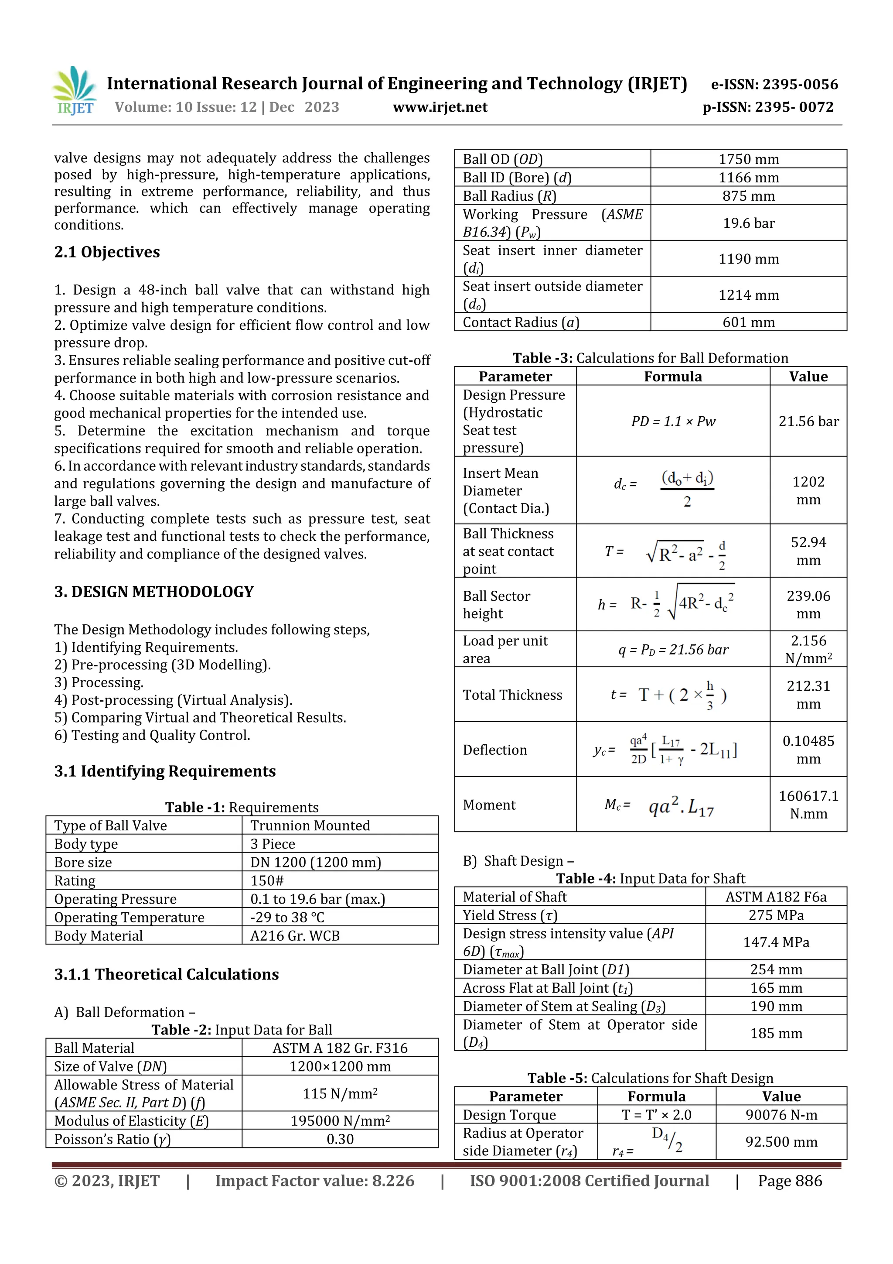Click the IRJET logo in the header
(x=75, y=91)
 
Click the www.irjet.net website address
(x=440, y=107)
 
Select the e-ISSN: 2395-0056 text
(x=774, y=84)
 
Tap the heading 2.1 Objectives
(x=107, y=252)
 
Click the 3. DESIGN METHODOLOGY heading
(x=154, y=592)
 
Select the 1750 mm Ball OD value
(x=748, y=159)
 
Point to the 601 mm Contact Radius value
(x=748, y=322)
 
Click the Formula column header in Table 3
(x=672, y=377)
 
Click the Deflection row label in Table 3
(x=494, y=750)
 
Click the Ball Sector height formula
(x=666, y=603)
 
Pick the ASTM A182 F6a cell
(x=776, y=897)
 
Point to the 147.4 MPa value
(x=776, y=942)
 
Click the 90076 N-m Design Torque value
(x=781, y=1115)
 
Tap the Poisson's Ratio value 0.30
(x=340, y=1139)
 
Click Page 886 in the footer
(x=790, y=1181)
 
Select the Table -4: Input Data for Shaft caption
(x=651, y=879)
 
